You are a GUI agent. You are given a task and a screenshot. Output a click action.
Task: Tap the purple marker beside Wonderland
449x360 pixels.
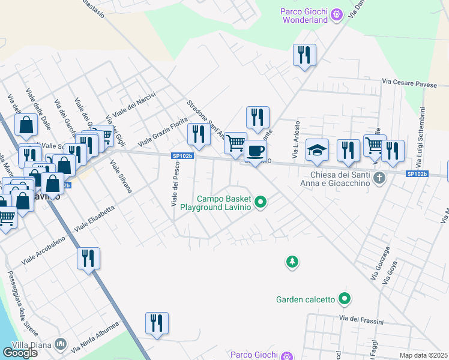click(x=337, y=13)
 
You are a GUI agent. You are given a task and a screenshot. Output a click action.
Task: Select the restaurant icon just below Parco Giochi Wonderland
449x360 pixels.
click(x=304, y=55)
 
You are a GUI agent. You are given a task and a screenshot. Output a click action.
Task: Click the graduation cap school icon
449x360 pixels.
click(x=318, y=151)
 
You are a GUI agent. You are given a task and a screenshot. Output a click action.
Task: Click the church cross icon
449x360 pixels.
click(x=379, y=178)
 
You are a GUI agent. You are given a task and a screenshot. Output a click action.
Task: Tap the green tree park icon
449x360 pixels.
click(x=292, y=262)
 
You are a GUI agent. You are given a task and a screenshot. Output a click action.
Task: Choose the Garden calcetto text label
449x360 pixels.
click(x=305, y=299)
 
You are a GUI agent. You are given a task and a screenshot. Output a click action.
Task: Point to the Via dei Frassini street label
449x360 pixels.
click(x=361, y=320)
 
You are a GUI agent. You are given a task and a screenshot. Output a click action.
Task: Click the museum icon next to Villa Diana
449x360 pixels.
click(x=60, y=344)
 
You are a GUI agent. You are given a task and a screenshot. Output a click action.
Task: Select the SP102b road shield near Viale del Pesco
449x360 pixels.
click(x=182, y=156)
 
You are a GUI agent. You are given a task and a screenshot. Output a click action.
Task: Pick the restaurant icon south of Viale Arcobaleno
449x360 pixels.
click(x=88, y=259)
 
